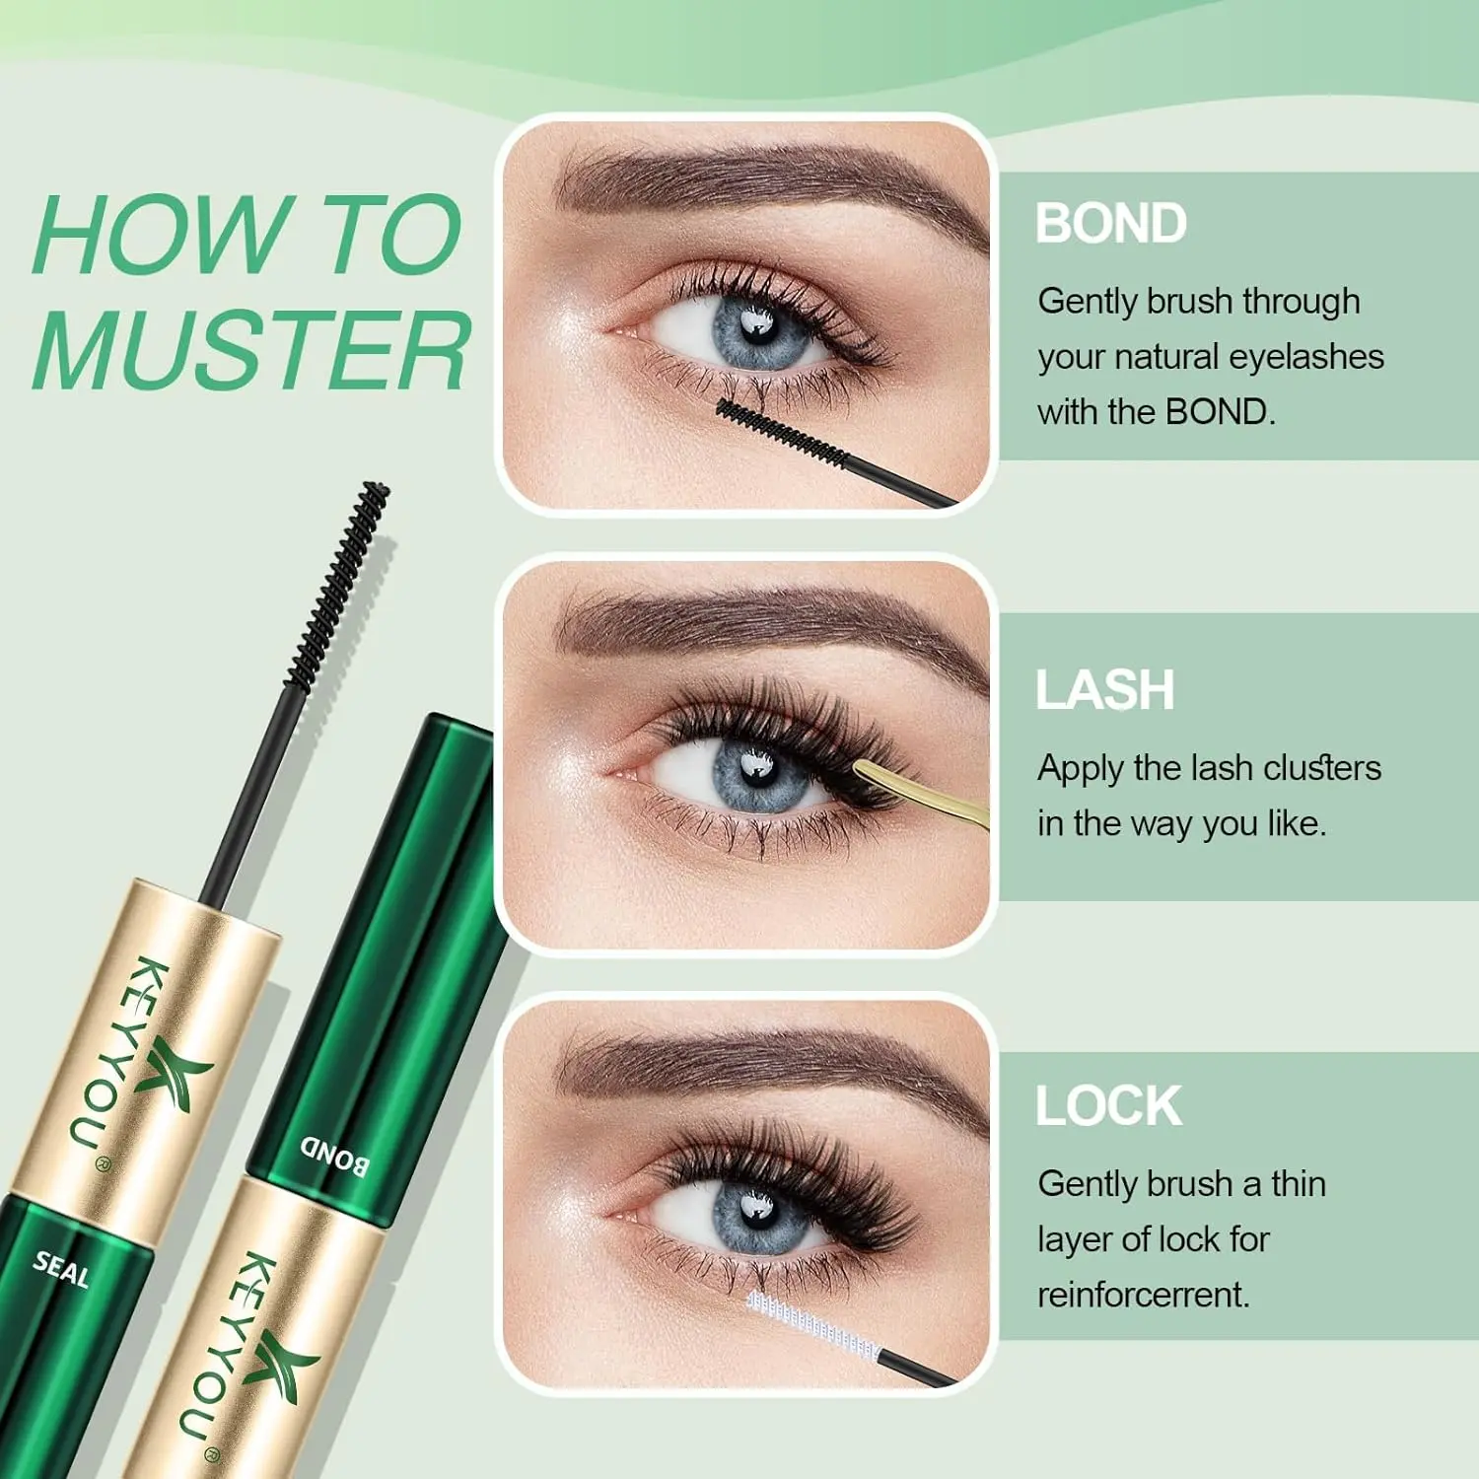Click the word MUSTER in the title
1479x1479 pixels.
coord(251,350)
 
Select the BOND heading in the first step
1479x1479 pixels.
coord(1111,223)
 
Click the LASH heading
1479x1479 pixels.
coord(1104,689)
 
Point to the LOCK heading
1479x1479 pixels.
coord(1108,1105)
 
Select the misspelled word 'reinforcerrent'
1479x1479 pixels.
coord(1144,1294)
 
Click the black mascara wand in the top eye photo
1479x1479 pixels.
coord(833,454)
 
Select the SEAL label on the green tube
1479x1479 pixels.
coord(61,1268)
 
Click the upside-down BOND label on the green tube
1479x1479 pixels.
coord(335,1156)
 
